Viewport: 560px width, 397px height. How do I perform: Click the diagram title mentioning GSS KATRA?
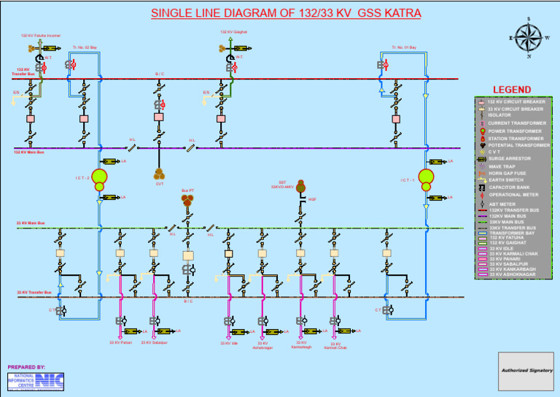(x=286, y=13)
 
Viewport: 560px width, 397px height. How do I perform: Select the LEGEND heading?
(x=516, y=90)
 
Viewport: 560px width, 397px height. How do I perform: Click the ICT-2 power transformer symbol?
(x=99, y=180)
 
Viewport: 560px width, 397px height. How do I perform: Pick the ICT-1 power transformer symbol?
(x=427, y=179)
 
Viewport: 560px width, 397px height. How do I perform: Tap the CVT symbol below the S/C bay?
(x=159, y=174)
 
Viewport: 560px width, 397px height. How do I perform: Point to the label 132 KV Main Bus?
(x=30, y=153)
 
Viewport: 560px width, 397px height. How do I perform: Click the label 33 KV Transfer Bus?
(x=34, y=293)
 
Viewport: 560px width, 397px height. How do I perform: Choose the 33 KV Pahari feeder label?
(x=120, y=342)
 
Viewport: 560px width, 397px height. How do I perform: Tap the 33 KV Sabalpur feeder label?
(x=154, y=342)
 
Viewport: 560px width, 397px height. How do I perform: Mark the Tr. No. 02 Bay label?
(x=85, y=47)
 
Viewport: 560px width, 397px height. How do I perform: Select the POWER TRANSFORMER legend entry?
(x=515, y=131)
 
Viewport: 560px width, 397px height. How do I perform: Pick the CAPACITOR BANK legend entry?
(x=510, y=188)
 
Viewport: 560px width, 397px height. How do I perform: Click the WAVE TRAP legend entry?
(x=502, y=166)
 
